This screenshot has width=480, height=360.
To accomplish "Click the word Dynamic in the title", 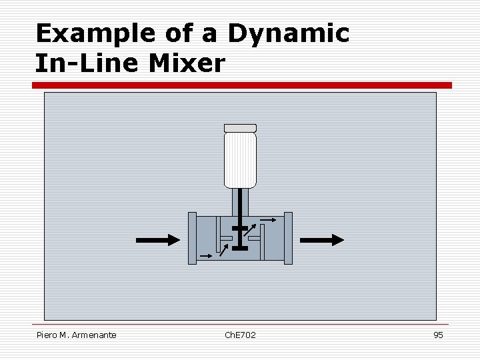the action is coord(288,33).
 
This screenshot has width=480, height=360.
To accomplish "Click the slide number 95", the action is coord(438,335).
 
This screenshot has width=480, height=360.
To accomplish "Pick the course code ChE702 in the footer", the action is coord(240,335).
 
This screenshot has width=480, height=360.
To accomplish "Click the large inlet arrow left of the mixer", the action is coord(157,240).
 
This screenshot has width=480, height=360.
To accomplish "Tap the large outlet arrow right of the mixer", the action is coord(322,240).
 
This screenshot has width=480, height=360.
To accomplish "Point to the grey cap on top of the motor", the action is coord(240,127).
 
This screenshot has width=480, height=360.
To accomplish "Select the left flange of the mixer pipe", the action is coord(192,238).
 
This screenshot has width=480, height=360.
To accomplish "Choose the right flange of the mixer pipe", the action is coord(288,238).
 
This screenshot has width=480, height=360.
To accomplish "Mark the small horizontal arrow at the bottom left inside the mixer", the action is coord(206,255).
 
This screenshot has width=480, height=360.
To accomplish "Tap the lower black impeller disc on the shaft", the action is coord(239,248).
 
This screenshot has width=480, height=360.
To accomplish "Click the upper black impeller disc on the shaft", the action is coord(240,229).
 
